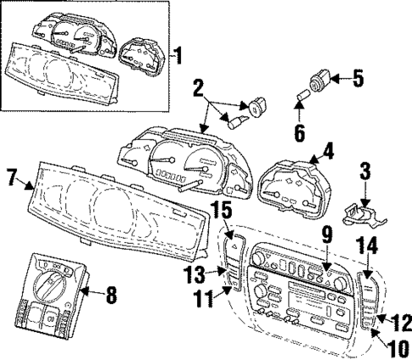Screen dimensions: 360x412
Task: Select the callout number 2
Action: coord(198,88)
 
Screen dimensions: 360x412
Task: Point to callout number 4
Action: coord(327,155)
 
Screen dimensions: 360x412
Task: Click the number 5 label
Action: coord(358,80)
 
